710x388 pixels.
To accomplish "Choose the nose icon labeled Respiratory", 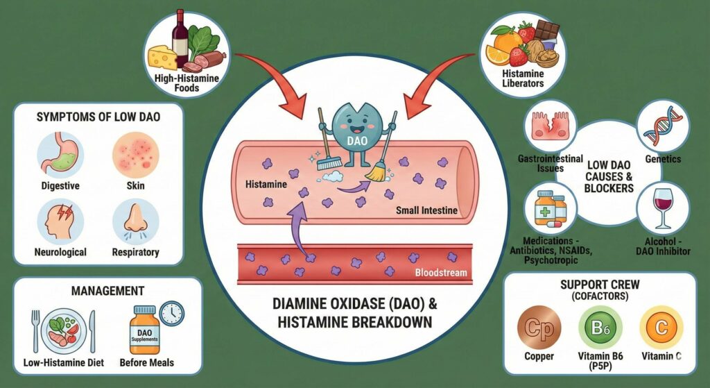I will click(135, 221).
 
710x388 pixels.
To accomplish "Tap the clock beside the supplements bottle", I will click(171, 313).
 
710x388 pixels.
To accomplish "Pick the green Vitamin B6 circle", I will click(600, 328).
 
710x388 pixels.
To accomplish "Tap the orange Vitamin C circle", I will click(661, 328).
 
